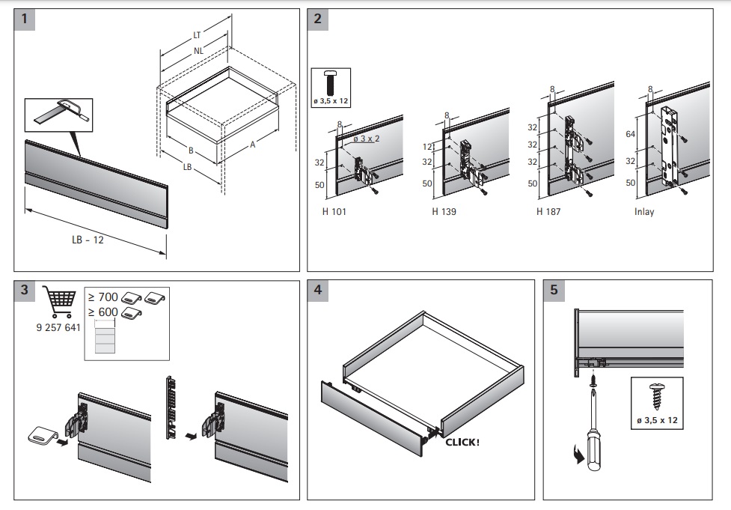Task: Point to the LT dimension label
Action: pos(196,34)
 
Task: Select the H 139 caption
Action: pos(444,212)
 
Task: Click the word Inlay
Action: pos(644,212)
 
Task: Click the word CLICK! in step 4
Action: pos(462,442)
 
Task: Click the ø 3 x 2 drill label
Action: pos(367,139)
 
